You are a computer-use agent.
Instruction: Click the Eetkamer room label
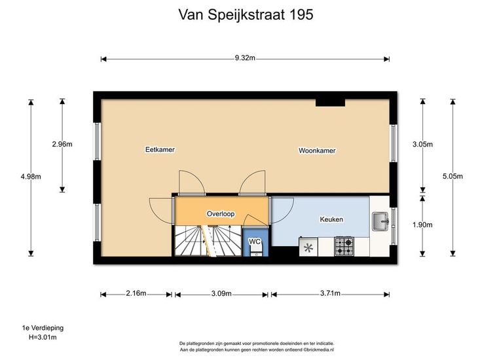(160, 150)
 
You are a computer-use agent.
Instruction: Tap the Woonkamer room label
(317, 151)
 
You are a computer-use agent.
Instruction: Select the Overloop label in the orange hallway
(221, 214)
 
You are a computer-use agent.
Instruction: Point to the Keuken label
(331, 219)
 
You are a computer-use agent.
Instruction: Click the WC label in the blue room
(254, 242)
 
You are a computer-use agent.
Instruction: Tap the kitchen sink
(380, 221)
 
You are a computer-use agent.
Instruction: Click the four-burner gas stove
(344, 247)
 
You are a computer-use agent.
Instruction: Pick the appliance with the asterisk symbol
(308, 247)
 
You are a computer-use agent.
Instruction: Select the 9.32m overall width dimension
(245, 58)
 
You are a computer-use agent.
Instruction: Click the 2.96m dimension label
(62, 144)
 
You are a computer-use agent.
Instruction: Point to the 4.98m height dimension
(31, 177)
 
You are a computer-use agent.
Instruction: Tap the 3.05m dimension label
(422, 145)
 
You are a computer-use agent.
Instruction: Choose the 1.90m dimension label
(422, 225)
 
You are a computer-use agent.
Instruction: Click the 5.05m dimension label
(452, 176)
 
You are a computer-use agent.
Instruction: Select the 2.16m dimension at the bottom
(136, 293)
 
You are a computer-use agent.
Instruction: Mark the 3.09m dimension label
(221, 294)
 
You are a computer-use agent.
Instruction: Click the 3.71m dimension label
(330, 293)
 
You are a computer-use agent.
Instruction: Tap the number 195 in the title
(301, 14)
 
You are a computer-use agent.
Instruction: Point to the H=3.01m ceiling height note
(43, 337)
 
